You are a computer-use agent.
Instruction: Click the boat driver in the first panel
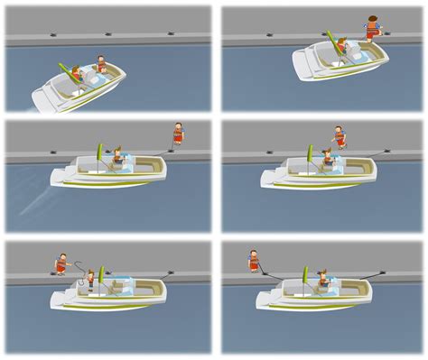pyautogui.click(x=101, y=66)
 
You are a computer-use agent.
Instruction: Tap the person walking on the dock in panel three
pyautogui.click(x=178, y=134)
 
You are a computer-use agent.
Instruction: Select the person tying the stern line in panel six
pyautogui.click(x=255, y=262)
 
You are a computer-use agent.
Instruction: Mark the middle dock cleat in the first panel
pyautogui.click(x=108, y=34)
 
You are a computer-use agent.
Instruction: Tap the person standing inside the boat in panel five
pyautogui.click(x=90, y=279)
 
